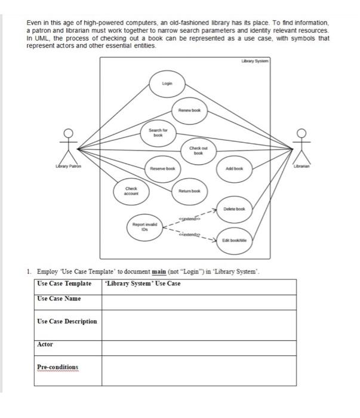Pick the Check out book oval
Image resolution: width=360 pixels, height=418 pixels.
click(x=196, y=151)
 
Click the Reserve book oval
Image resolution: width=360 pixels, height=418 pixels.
click(x=162, y=169)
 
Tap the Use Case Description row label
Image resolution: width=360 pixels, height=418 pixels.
click(x=67, y=321)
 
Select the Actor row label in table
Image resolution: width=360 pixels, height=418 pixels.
click(x=45, y=345)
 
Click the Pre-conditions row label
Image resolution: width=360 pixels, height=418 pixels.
click(x=57, y=367)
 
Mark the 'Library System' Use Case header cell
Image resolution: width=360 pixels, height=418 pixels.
click(x=143, y=283)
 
